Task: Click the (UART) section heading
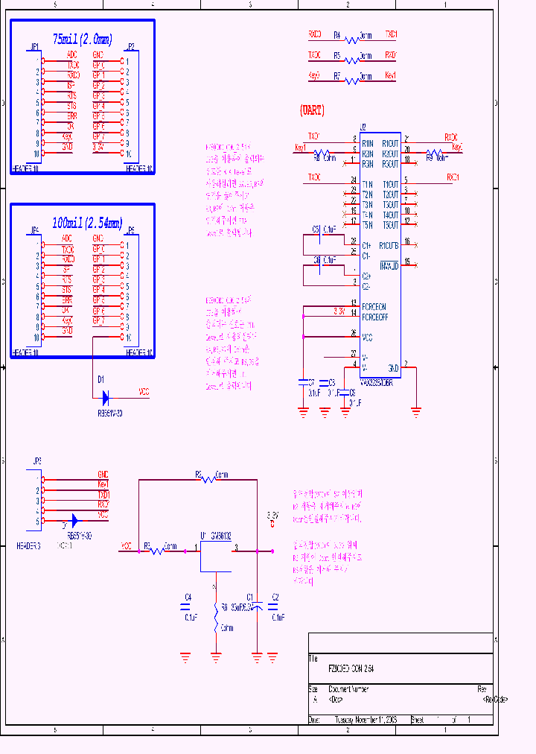click(x=312, y=110)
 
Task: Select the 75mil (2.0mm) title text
click(x=82, y=39)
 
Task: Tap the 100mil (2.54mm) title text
click(x=82, y=222)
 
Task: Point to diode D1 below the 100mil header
click(x=106, y=395)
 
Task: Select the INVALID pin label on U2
click(x=389, y=265)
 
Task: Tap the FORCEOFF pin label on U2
click(x=374, y=317)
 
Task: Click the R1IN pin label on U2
click(x=367, y=143)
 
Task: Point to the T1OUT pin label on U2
click(x=391, y=184)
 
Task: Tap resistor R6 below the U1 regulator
click(x=216, y=617)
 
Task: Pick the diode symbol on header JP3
click(x=74, y=521)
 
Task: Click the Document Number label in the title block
click(x=349, y=689)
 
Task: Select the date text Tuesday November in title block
click(x=366, y=720)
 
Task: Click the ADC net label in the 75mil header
click(x=71, y=54)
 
